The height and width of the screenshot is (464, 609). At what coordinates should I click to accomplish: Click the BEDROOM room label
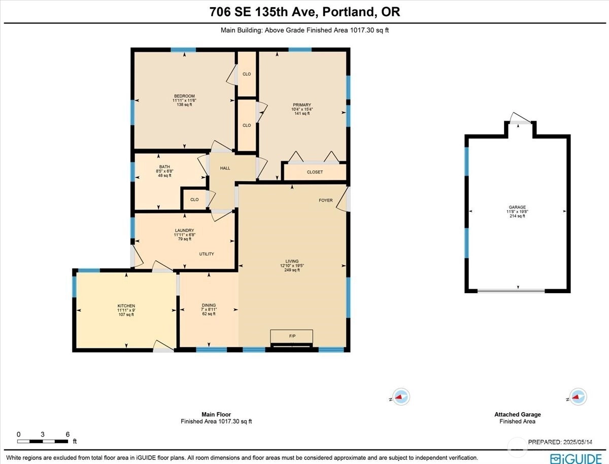point(185,96)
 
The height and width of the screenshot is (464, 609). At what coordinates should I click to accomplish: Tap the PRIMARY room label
point(302,105)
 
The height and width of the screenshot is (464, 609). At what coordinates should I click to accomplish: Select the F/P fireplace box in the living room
point(292,336)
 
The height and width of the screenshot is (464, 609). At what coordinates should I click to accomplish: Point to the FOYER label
point(325,200)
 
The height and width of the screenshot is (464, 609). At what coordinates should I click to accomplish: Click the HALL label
point(225,168)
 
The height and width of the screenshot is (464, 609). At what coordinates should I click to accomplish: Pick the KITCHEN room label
point(126,306)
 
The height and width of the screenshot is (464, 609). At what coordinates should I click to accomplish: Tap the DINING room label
point(209,305)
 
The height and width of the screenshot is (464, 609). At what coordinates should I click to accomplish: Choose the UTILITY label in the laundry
point(207,254)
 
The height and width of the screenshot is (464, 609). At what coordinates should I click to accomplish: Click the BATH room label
point(164,167)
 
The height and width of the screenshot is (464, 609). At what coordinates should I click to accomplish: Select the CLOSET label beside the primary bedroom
point(315,172)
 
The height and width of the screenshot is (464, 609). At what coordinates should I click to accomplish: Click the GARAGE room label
point(517,207)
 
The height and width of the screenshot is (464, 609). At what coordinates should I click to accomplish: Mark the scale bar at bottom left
point(43,442)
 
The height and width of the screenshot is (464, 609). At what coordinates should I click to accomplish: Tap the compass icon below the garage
point(578,397)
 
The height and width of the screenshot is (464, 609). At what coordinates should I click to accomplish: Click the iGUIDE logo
point(576,459)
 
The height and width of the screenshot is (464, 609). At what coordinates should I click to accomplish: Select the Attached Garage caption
point(518,414)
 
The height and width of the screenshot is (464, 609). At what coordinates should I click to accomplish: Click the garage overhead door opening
point(511,291)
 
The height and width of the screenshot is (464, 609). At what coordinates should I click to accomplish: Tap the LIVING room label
point(292,261)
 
